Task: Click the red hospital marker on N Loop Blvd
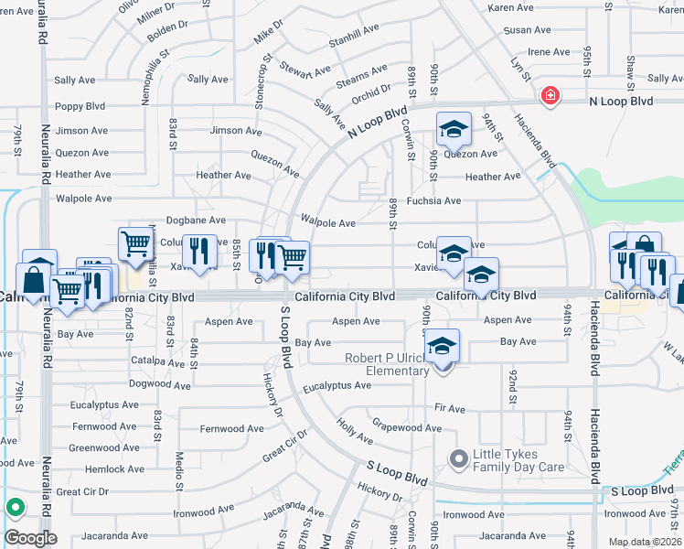550,96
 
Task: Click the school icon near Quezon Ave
453,131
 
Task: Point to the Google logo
29,537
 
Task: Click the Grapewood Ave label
406,427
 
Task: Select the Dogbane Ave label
196,221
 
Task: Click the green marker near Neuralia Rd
15,506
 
